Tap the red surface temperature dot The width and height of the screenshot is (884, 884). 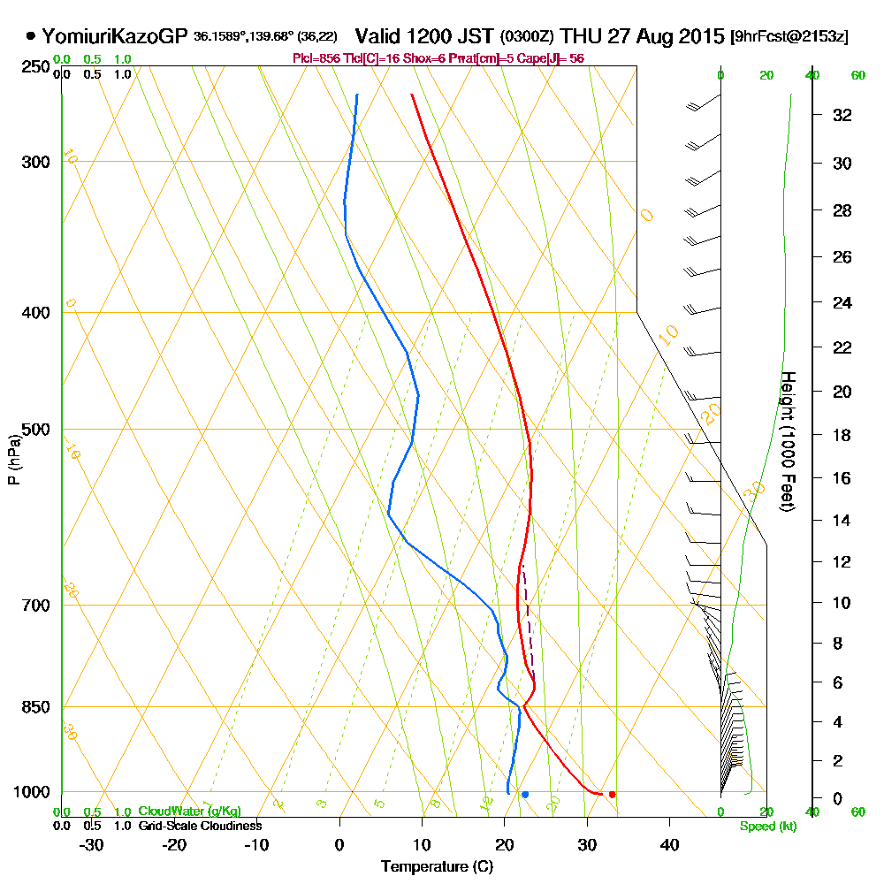click(612, 795)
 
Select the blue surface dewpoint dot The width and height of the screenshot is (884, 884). click(525, 795)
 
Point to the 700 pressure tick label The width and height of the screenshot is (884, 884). click(32, 606)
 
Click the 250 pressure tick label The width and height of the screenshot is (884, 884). click(32, 66)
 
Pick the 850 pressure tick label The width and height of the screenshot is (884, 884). click(32, 707)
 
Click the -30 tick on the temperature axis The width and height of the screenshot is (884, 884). click(92, 844)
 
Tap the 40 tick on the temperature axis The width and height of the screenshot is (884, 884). click(669, 844)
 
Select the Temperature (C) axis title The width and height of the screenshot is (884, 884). click(437, 866)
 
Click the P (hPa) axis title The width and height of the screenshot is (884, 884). click(13, 459)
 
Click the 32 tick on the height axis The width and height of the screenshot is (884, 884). click(842, 115)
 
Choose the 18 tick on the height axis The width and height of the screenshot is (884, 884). click(842, 435)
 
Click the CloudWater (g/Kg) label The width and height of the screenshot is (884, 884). click(188, 812)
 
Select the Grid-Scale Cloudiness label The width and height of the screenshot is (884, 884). click(199, 826)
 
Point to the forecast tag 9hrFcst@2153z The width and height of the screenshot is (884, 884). click(789, 37)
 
